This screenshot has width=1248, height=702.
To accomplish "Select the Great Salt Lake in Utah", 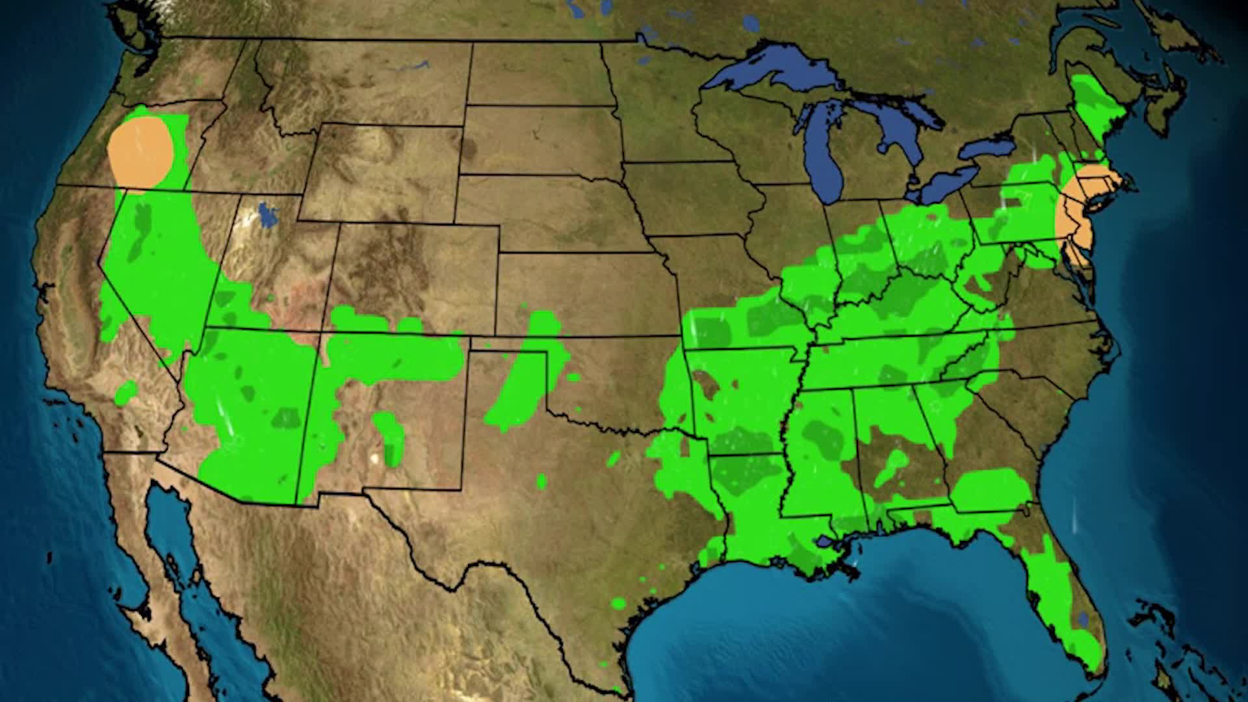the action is (266, 215).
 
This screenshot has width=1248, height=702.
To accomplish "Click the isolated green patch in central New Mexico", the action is (390, 435).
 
